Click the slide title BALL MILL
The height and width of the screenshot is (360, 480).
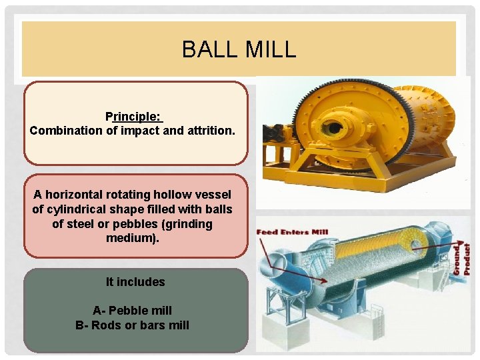click(x=239, y=49)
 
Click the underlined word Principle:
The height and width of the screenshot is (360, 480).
click(x=134, y=117)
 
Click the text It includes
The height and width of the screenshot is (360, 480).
click(x=135, y=282)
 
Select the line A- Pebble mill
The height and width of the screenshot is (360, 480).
click(x=132, y=310)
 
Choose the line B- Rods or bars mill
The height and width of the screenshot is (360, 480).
click(x=132, y=325)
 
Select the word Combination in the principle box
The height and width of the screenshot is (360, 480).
click(x=66, y=131)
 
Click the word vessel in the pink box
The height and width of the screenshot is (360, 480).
click(x=213, y=195)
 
